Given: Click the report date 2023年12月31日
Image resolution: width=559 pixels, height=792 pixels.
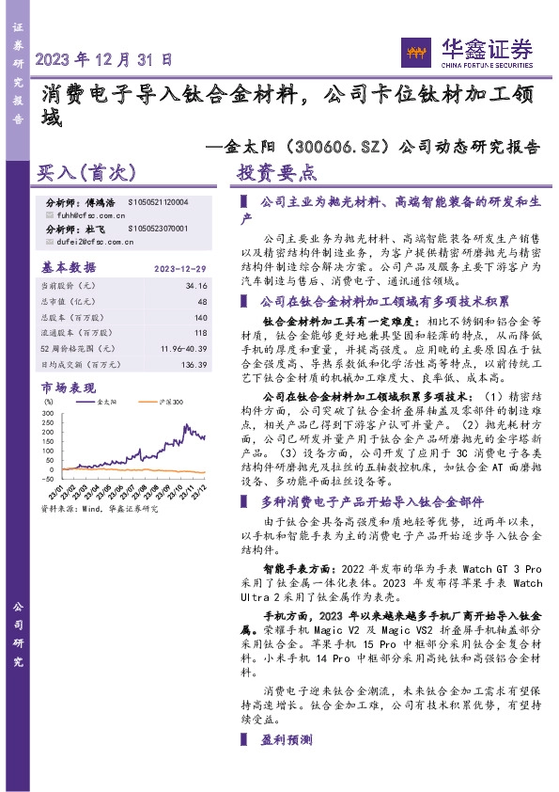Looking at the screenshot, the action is (x=103, y=58).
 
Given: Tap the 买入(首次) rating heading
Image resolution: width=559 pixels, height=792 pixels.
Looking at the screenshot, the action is (x=86, y=173).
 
